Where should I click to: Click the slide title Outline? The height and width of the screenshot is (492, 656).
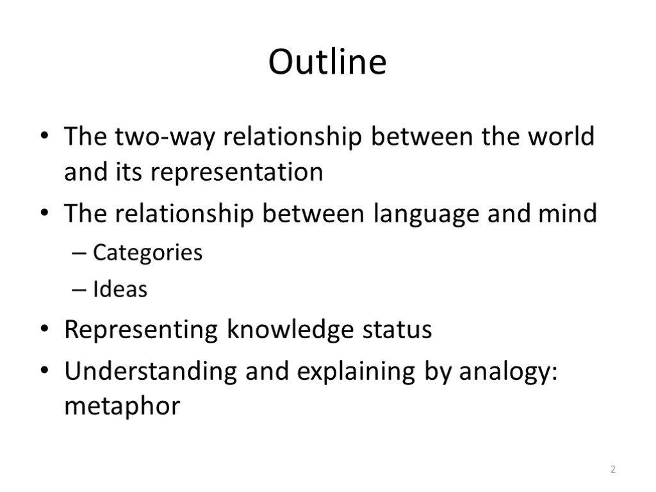click(x=327, y=63)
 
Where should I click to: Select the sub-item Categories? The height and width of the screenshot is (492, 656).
click(x=147, y=253)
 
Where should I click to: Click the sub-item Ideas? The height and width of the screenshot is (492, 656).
click(x=120, y=290)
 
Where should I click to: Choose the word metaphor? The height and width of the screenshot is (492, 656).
click(x=122, y=407)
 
